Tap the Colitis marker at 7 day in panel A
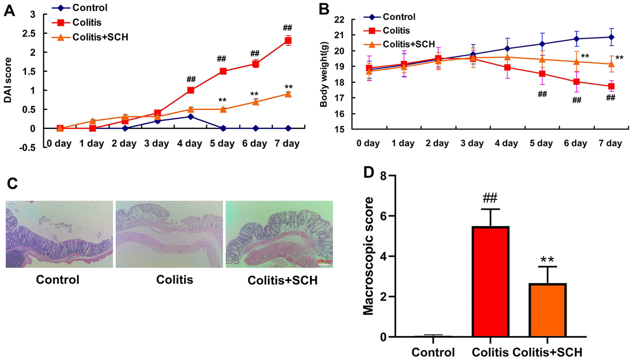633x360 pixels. click(x=288, y=41)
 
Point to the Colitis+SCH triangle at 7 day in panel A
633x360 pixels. click(x=288, y=94)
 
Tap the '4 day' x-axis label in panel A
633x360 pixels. click(x=190, y=144)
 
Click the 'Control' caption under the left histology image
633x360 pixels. click(x=58, y=279)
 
